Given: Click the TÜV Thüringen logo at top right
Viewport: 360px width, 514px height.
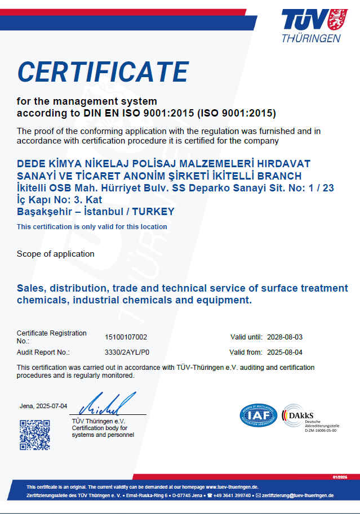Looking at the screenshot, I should [312, 25].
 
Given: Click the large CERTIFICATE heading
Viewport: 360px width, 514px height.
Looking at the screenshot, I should [103, 72].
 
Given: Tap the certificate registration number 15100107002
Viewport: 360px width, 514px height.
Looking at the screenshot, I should [126, 337].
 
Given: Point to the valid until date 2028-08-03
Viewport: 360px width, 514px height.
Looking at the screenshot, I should [286, 337].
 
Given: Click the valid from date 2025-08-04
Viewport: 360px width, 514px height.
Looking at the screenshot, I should [286, 352].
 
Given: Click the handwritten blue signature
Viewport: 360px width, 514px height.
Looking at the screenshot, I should [107, 404].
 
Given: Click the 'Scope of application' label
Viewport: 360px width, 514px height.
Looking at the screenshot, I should [56, 254].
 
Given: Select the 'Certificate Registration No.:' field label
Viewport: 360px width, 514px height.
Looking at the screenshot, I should [52, 337].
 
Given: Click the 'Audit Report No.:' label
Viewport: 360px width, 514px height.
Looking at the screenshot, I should [43, 352].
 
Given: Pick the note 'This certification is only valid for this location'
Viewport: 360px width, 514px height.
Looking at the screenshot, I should [92, 227].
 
